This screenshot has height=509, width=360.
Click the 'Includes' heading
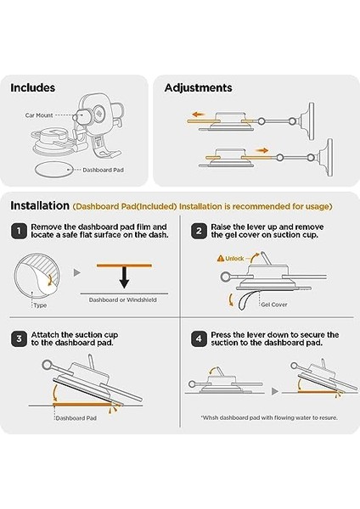point(33,87)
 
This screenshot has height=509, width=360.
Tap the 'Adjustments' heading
point(198,88)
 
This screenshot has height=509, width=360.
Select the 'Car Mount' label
point(39,115)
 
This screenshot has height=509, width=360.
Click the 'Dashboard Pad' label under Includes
point(103,170)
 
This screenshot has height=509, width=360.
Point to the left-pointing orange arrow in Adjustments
point(198,115)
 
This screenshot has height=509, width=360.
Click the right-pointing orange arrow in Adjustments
point(262,150)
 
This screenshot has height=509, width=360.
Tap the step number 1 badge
point(19,231)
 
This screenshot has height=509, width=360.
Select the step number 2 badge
point(199,231)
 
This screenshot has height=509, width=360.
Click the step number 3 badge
point(19,338)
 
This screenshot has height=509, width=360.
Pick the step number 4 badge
point(199,338)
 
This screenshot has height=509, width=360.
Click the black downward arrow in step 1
point(124,277)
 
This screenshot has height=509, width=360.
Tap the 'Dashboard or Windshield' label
point(123,300)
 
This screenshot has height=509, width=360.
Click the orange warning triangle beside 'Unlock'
point(221,259)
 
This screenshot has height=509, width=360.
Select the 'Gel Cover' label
point(274,305)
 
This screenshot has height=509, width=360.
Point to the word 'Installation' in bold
point(40,205)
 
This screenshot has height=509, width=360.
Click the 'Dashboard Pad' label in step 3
point(76,418)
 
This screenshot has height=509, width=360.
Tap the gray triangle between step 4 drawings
point(275,391)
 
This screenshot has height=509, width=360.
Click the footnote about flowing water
point(269,417)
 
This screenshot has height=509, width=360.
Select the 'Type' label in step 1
point(40,305)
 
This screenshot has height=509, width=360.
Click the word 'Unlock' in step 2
point(234,259)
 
